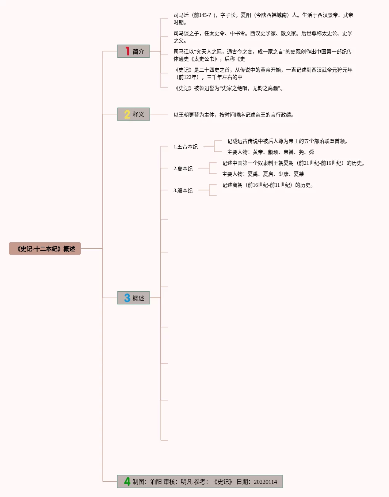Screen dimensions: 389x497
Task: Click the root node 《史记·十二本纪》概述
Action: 45,248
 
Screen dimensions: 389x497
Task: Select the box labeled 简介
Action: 133,51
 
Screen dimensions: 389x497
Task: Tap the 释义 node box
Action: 133,114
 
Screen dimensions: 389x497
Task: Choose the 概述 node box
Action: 133,298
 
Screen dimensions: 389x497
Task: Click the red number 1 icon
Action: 127,51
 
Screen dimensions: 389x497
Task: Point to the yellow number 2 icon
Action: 127,114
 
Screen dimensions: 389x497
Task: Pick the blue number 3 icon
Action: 127,298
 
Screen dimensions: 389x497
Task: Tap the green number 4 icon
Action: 127,481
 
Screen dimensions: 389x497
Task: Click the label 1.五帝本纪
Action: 186,147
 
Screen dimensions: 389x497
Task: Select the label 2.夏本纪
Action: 183,168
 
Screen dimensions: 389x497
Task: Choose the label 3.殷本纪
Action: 183,190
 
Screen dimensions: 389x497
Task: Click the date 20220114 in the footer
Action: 265,482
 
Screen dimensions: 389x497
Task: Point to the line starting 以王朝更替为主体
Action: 234,115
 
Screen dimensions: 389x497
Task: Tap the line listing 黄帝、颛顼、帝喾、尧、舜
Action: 271,152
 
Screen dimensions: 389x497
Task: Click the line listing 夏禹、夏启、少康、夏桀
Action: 263,174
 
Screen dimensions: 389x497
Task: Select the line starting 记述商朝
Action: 268,185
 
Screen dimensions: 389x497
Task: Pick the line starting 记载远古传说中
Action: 287,141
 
